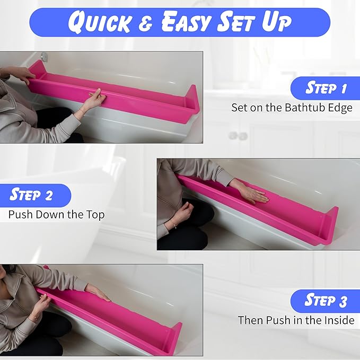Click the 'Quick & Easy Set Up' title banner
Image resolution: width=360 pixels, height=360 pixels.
click(180, 22)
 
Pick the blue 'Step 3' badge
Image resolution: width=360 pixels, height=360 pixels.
click(326, 301)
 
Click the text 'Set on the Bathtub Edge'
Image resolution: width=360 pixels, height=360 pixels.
click(292, 107)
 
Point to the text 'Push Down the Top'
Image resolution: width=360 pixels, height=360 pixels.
click(56, 214)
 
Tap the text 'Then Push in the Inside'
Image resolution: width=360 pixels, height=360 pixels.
click(296, 320)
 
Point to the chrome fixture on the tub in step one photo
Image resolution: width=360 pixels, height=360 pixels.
click(45, 56)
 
